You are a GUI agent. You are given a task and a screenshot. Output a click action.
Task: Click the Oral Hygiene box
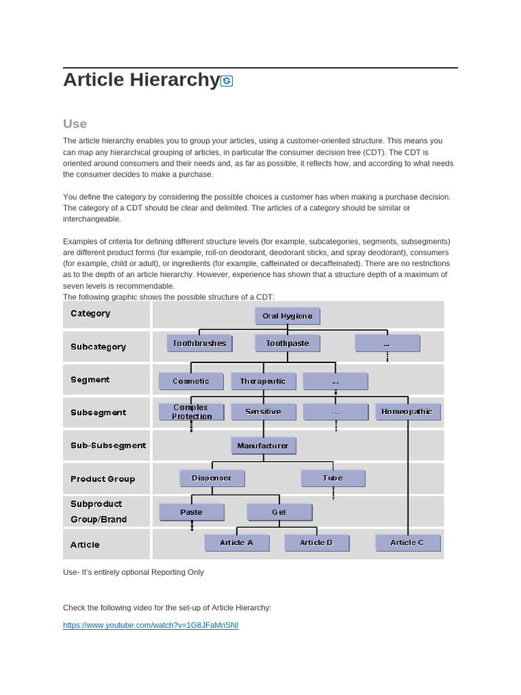(x=287, y=316)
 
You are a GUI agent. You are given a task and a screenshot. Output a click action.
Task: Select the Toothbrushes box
(x=199, y=343)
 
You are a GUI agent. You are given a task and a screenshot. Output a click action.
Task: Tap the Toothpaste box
(x=287, y=343)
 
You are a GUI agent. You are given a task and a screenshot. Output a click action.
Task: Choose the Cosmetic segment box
(x=191, y=381)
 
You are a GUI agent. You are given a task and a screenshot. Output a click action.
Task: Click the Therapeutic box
(x=263, y=381)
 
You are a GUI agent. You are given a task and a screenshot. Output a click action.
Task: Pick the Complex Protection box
(x=191, y=412)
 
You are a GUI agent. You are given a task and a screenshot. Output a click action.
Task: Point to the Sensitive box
(x=263, y=412)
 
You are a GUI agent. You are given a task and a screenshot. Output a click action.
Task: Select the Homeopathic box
(x=407, y=412)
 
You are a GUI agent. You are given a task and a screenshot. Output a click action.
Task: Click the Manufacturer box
(x=263, y=446)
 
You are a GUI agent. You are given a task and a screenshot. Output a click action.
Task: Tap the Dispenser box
(x=212, y=478)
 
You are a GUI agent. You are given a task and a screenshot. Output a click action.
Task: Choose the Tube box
(x=332, y=478)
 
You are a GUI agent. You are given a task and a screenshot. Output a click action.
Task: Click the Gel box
(x=279, y=512)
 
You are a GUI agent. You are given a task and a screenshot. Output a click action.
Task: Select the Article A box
(x=237, y=543)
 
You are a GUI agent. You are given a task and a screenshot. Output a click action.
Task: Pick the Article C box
(x=407, y=543)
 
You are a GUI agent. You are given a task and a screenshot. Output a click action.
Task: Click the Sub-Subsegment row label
(x=108, y=446)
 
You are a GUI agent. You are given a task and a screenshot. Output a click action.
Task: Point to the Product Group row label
(x=102, y=479)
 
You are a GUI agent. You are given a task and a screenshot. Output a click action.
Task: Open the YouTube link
(x=151, y=625)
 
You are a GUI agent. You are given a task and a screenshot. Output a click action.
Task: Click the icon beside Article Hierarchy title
(x=227, y=81)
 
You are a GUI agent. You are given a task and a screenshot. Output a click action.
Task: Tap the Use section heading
(x=75, y=124)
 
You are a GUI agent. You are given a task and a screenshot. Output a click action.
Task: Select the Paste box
(x=191, y=512)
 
